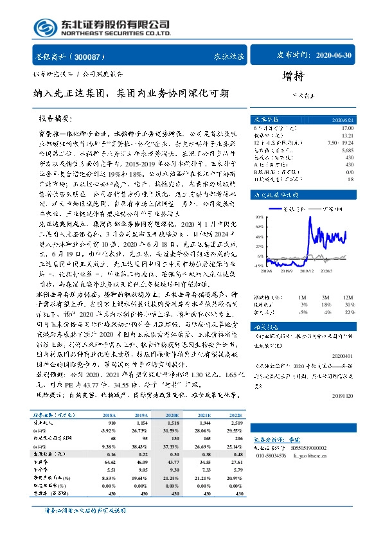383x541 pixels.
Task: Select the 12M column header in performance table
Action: point(348,297)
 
